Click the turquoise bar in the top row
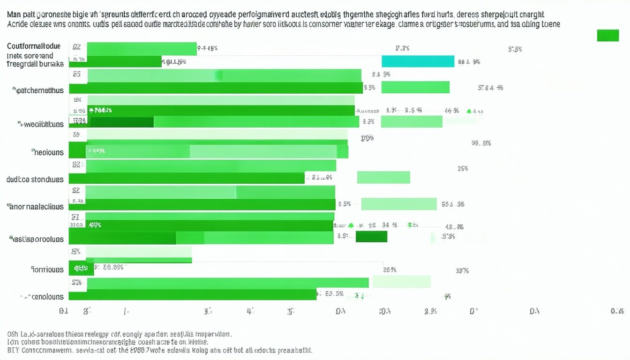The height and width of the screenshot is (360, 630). [418, 61]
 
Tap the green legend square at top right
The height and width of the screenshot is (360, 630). [607, 35]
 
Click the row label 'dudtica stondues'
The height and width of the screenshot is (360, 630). [35, 179]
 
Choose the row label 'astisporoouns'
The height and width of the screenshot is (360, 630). [37, 239]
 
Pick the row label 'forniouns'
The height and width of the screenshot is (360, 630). [47, 270]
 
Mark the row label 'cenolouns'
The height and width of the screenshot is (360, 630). [43, 296]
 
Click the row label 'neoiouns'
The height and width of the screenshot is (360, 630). [48, 152]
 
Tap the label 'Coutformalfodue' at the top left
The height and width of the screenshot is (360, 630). [34, 46]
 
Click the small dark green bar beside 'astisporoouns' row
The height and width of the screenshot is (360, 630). [371, 236]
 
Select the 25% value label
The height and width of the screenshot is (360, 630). [462, 169]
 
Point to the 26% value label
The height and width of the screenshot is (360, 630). [390, 270]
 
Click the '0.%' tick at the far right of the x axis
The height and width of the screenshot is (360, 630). [617, 311]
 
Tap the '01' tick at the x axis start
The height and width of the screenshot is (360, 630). [64, 311]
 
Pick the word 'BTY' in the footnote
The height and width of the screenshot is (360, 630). [13, 350]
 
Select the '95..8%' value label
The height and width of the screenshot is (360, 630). [481, 143]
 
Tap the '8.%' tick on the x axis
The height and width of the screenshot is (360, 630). [431, 311]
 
